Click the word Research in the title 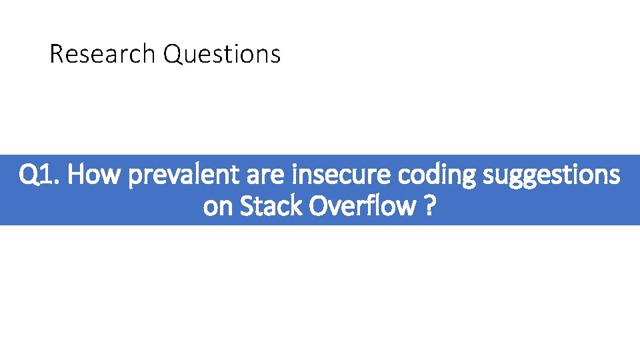pyautogui.click(x=103, y=54)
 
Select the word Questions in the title pyautogui.click(x=221, y=54)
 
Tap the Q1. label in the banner pyautogui.click(x=41, y=175)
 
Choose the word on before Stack pyautogui.click(x=218, y=207)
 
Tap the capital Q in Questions pyautogui.click(x=172, y=54)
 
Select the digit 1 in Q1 pyautogui.click(x=49, y=175)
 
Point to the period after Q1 pyautogui.click(x=59, y=183)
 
